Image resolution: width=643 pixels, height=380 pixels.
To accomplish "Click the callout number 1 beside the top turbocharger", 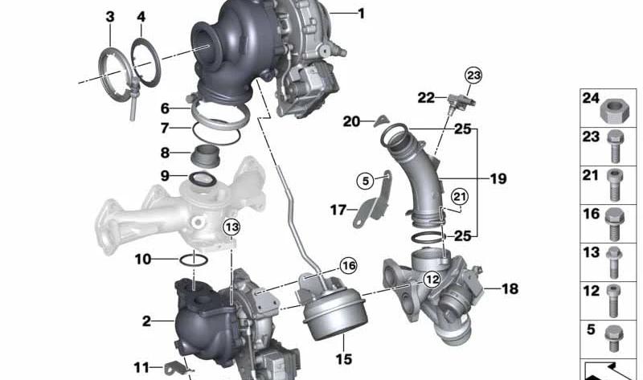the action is point(361,14).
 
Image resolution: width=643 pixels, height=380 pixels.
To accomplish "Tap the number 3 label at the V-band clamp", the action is point(110,17).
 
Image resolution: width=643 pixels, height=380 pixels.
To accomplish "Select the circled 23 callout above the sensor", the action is point(473,76).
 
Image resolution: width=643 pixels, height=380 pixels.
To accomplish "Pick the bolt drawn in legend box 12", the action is point(613,301).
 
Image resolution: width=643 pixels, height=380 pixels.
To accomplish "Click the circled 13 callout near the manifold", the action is point(231,227).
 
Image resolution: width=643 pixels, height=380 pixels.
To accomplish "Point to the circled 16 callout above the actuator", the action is point(348,266).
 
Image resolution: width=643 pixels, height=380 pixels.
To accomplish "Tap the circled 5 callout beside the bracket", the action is point(366,181).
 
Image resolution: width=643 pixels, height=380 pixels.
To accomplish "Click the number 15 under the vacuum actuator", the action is point(344,359).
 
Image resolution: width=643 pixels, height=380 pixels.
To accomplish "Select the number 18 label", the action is point(510,289).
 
